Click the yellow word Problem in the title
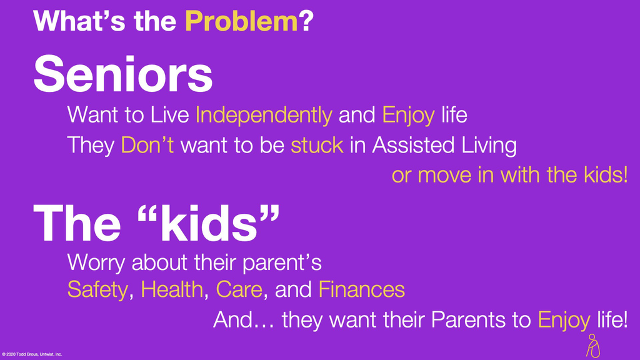[x=242, y=22]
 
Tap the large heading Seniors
[x=123, y=75]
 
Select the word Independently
[x=264, y=116]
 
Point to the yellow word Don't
[x=147, y=145]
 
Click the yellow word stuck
[x=317, y=145]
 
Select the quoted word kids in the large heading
[x=209, y=223]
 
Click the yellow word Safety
[x=97, y=290]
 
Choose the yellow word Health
[x=172, y=289]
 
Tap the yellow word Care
[x=239, y=290]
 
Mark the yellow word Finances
[x=362, y=289]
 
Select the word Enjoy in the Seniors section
[x=409, y=116]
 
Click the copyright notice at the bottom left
[x=32, y=354]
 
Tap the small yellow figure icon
[x=593, y=346]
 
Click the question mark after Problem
[x=306, y=22]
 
